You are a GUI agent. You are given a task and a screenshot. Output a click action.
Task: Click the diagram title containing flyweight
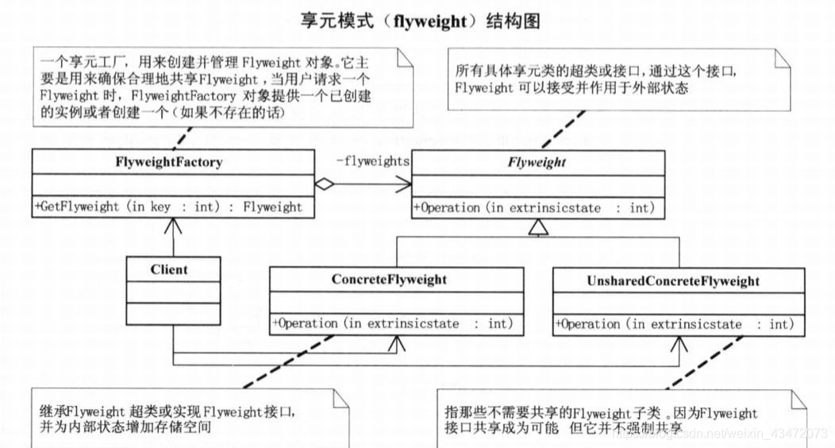[x=420, y=21]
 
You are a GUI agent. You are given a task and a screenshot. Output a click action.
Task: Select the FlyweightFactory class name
[x=168, y=163]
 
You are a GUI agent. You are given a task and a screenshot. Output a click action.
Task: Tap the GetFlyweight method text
[x=168, y=207]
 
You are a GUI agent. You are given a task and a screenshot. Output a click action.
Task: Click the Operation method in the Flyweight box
[x=533, y=208]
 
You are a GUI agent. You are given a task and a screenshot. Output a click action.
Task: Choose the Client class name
[x=169, y=269]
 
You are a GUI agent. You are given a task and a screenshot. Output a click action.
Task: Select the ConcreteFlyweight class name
[x=389, y=280]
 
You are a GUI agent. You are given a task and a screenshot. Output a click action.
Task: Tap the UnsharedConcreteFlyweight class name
[x=673, y=281]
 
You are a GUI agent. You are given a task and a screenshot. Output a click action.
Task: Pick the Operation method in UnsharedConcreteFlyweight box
[x=675, y=325]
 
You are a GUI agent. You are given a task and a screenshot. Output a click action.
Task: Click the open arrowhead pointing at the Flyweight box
[x=403, y=184]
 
